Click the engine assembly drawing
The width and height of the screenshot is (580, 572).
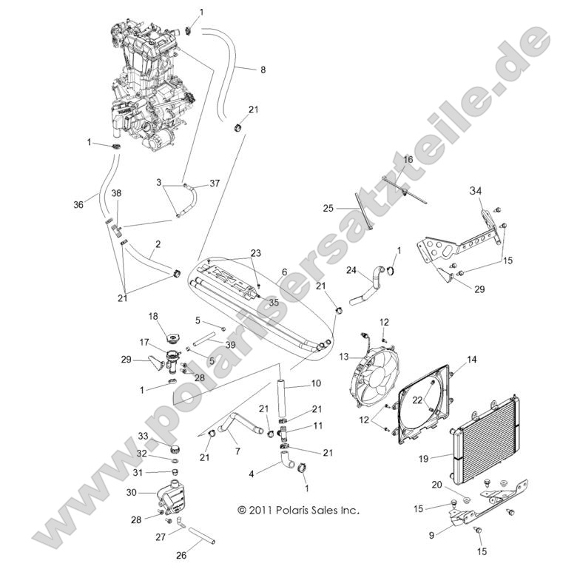coord(148,85)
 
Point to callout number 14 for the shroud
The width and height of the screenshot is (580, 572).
coord(471,360)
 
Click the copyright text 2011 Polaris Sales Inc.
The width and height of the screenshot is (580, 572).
coord(298,511)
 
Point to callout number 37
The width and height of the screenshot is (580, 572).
coord(215,183)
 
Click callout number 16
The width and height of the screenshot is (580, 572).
coord(408,159)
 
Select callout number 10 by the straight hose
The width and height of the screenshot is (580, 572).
coord(316,384)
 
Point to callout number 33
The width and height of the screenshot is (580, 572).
coord(143,437)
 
